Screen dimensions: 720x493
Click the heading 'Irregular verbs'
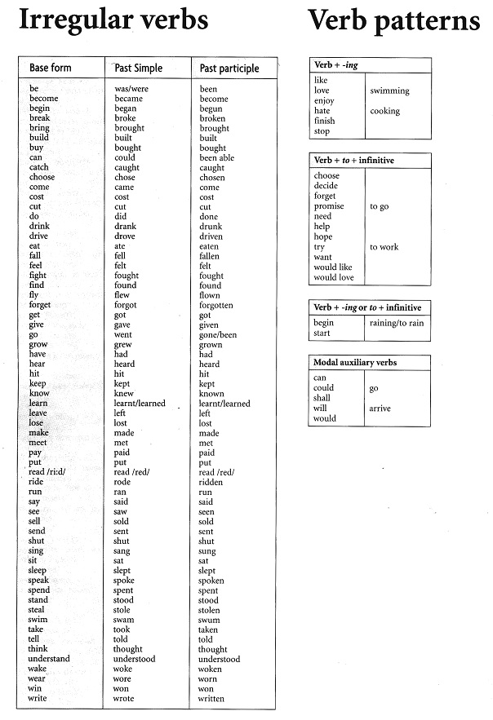click(113, 21)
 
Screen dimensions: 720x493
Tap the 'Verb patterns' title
click(393, 21)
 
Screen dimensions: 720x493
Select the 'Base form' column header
click(51, 68)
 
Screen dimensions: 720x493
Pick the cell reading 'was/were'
click(131, 89)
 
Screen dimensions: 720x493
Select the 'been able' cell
click(217, 158)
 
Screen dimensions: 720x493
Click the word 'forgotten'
click(216, 306)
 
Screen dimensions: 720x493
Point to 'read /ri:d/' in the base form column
click(48, 473)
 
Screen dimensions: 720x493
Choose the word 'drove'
click(126, 236)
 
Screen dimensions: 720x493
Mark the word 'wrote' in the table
click(124, 699)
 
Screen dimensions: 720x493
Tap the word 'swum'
click(210, 621)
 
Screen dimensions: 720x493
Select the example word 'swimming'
click(389, 91)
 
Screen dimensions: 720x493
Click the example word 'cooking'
click(384, 112)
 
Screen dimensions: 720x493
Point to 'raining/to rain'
click(396, 323)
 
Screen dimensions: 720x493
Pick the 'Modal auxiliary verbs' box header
click(360, 362)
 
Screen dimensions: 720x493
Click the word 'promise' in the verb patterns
click(329, 206)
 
